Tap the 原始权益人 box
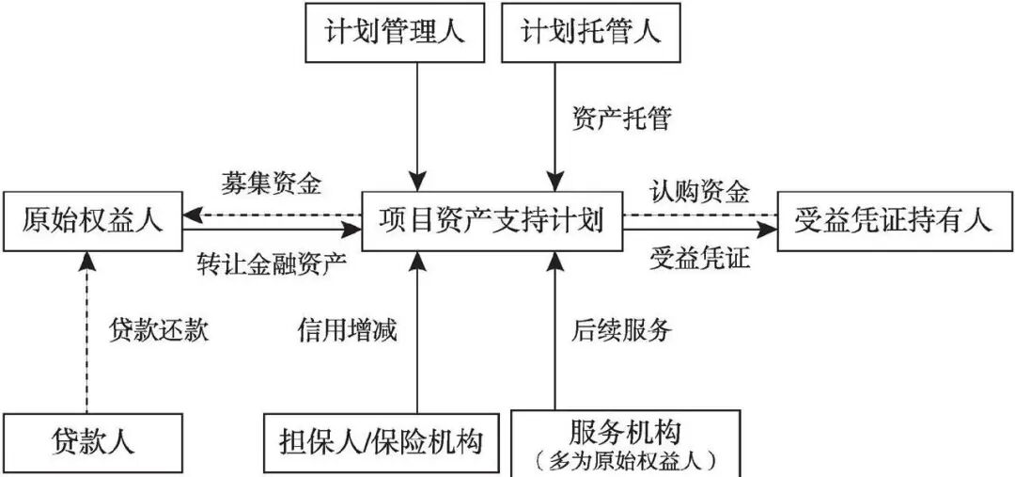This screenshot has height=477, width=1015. pos(92,221)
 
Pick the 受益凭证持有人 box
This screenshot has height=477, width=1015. pos(894,221)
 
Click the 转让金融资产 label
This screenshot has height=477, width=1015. pos(273,262)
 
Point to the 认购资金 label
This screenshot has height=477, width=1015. pos(699,192)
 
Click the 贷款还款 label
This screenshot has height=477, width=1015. pos(159,330)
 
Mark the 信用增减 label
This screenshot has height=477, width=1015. pos(348,330)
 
